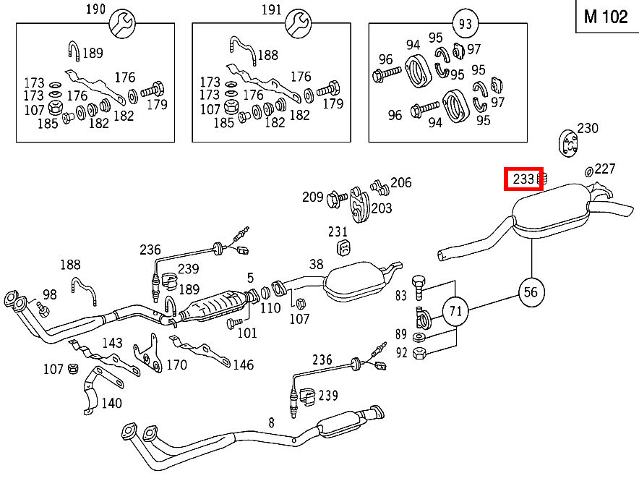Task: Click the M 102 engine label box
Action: click(606, 17)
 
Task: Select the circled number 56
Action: click(531, 291)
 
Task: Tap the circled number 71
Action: click(455, 312)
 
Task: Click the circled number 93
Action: click(465, 24)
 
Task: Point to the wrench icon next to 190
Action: click(120, 25)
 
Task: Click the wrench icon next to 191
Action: click(296, 25)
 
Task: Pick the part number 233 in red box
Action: click(523, 179)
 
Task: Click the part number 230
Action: click(588, 128)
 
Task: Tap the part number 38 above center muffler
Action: click(316, 265)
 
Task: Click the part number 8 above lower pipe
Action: click(271, 422)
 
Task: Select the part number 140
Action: click(111, 403)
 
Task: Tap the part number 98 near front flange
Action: click(49, 294)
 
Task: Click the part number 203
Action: click(381, 208)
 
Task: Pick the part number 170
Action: click(176, 365)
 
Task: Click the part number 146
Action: click(243, 365)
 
